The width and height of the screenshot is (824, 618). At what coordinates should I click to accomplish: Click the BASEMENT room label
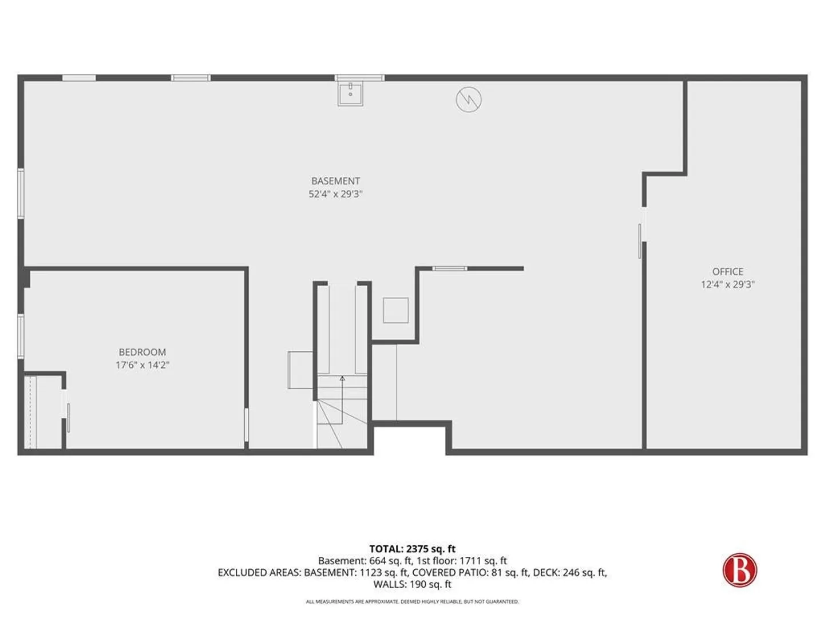coord(335,181)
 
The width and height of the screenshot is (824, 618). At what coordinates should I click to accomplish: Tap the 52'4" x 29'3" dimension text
coord(335,194)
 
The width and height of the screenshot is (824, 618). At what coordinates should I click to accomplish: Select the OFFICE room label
coord(727,271)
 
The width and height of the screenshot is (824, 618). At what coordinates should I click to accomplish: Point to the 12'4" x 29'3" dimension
coord(727,284)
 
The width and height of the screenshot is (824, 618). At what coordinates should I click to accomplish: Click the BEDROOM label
coord(142,352)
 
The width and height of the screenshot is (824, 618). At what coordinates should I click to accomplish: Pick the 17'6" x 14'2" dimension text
coord(142,365)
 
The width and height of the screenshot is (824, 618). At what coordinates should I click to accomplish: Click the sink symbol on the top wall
coord(350,94)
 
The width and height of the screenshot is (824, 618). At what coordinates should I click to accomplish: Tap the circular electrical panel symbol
coord(469,100)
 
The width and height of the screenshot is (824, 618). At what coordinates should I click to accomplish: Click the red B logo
coord(739,569)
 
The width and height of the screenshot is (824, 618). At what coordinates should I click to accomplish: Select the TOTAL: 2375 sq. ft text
coord(412,549)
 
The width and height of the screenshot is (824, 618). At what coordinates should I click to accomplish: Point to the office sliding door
coord(640,241)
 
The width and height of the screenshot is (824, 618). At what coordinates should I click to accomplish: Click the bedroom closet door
coord(68,418)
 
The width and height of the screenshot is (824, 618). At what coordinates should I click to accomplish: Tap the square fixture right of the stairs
coord(395,310)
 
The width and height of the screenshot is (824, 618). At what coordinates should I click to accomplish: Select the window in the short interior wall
coord(450,268)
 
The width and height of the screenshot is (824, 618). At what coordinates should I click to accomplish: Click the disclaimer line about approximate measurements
coord(412,602)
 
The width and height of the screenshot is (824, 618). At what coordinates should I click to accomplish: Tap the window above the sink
coord(359,78)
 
